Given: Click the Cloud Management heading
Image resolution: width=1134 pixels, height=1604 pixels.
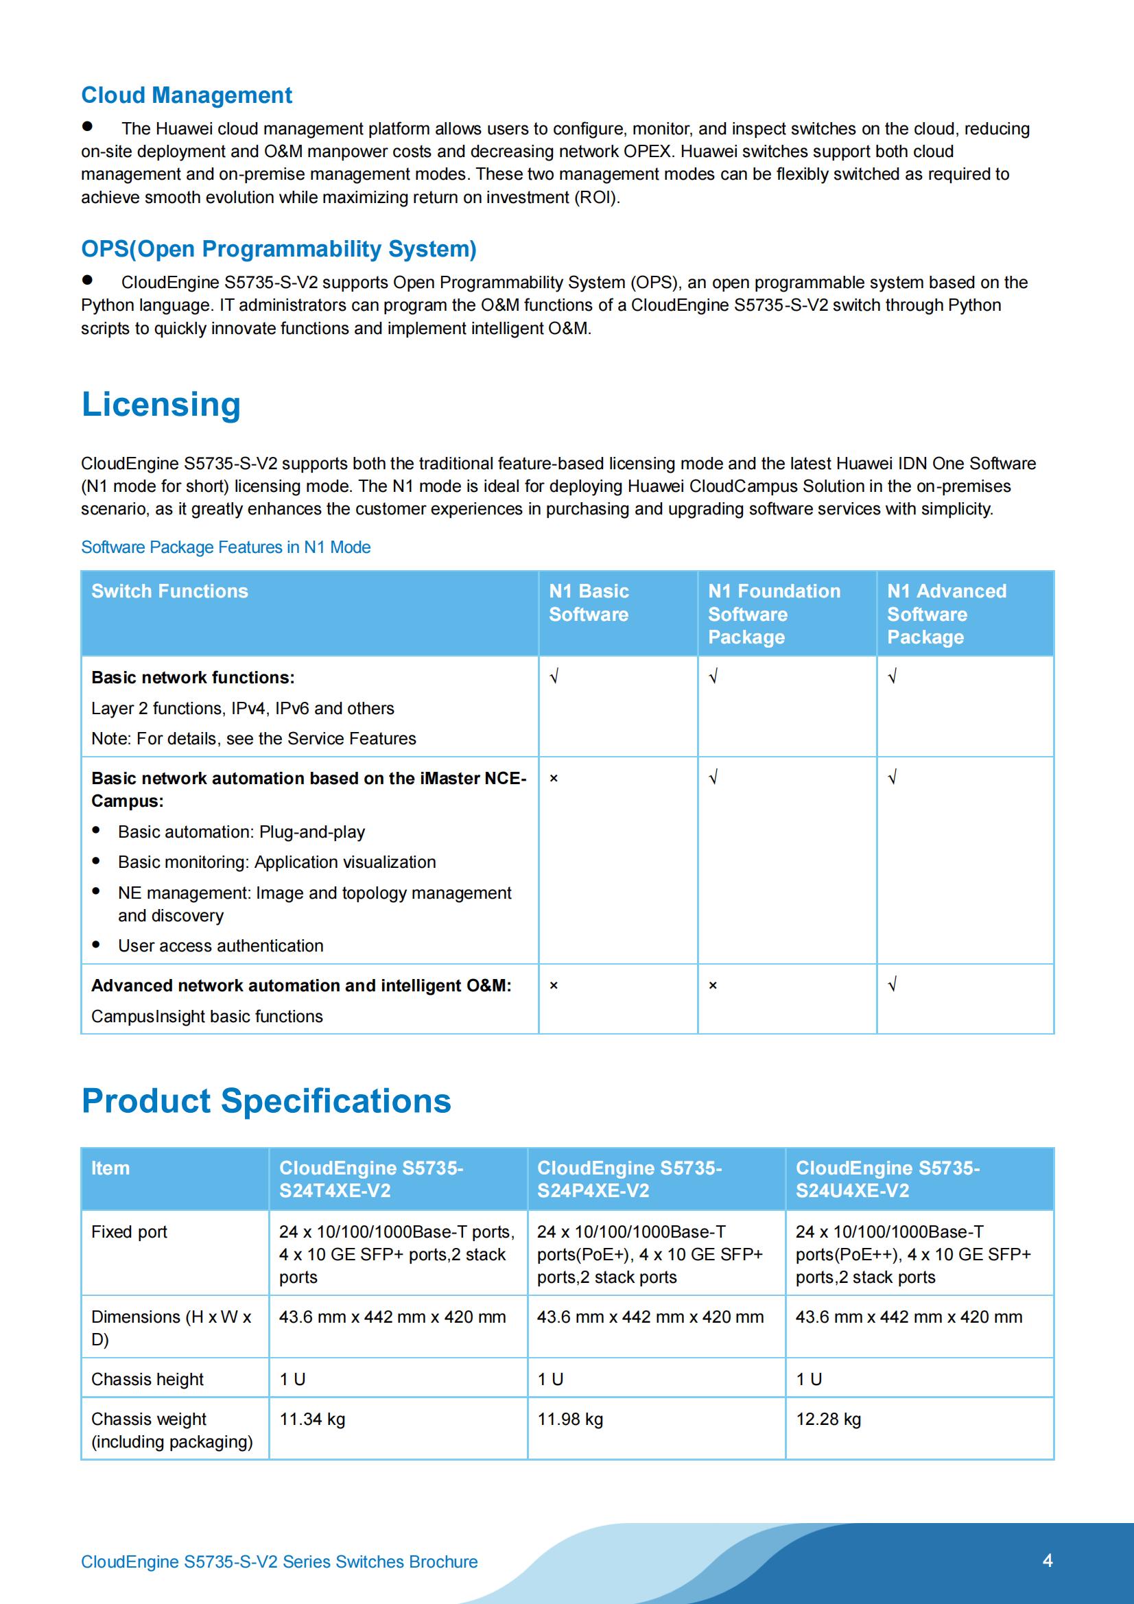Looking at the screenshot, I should coord(187,95).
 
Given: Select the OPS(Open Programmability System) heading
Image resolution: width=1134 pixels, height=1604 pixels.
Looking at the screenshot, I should coord(279,249).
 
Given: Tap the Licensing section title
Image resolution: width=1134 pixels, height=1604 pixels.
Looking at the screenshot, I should coord(161,405).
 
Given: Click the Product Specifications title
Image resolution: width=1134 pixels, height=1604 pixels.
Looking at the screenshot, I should coord(266,1101).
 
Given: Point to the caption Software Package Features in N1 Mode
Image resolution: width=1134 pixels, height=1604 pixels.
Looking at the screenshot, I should coord(226,547).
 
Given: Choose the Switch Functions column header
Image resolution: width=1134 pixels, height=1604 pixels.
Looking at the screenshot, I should coord(169,591).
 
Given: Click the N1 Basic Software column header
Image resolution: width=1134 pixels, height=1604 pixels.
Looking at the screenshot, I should coord(589,603).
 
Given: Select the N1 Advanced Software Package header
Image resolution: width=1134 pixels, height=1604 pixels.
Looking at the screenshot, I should coord(947,614).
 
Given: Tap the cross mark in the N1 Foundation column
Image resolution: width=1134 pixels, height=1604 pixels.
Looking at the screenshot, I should coord(713,986).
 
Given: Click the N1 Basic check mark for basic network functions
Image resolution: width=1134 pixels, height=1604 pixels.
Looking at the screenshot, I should coord(554,677).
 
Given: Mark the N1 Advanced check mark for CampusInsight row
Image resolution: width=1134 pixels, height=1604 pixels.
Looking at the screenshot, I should coord(893,985).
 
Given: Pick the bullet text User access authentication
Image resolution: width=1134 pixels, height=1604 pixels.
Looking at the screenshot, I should coord(221,946).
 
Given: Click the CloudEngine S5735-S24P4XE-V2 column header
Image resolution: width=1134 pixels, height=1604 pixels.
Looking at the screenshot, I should coord(629,1179).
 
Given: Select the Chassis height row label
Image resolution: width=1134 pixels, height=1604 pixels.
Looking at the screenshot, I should coord(147,1380).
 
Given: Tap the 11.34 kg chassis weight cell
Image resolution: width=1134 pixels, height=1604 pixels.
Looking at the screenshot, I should coord(312,1419).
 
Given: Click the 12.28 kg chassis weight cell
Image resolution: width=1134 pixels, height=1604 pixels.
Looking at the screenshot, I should coord(828,1419).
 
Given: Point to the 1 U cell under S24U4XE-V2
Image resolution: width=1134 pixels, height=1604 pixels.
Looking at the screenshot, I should coord(809,1380).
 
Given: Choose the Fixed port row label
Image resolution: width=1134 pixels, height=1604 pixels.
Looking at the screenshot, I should coord(129,1231).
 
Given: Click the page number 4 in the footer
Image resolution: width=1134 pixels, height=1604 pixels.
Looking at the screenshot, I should coord(1048,1561).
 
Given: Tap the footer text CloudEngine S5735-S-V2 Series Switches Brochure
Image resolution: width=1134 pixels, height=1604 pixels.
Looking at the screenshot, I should coord(279,1562).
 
